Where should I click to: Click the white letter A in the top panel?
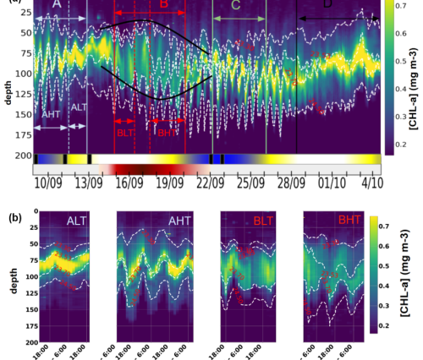click(56, 6)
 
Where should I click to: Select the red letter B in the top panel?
click(164, 6)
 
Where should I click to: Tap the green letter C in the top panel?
click(235, 7)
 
